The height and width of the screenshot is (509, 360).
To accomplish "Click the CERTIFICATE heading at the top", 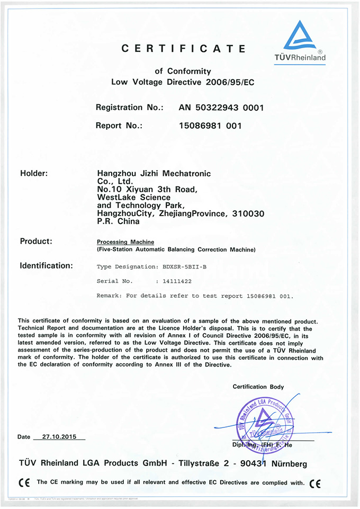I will [x=184, y=49].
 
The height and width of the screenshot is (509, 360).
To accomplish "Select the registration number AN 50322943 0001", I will [x=221, y=108].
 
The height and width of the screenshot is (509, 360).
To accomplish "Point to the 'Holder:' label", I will [x=34, y=173].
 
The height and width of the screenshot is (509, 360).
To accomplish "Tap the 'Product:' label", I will [x=36, y=242].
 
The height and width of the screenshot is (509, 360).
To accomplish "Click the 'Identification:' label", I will [x=46, y=266].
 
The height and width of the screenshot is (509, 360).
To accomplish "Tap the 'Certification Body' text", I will [x=258, y=387].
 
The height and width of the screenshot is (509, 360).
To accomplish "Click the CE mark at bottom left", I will [x=24, y=483].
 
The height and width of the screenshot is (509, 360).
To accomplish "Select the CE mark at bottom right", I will [x=315, y=483].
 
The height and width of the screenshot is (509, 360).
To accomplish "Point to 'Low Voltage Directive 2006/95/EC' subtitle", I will [x=183, y=82].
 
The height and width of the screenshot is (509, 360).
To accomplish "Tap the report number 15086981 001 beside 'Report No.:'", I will [x=210, y=126].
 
